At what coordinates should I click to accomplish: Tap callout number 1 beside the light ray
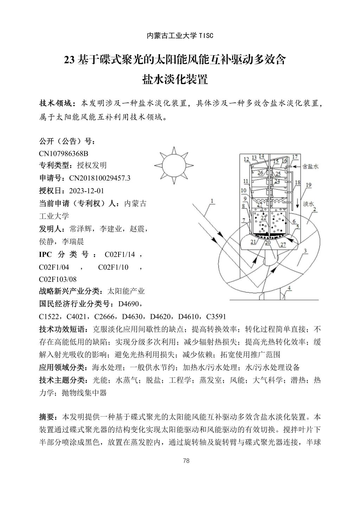[212, 201]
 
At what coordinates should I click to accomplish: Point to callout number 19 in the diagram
[308, 185]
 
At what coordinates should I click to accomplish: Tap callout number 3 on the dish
[306, 251]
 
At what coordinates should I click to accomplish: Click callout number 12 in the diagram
[246, 159]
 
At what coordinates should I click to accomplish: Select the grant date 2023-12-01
[86, 191]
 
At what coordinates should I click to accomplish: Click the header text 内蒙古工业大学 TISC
[180, 36]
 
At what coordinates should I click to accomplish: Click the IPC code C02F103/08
[58, 279]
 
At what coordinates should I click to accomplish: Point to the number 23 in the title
[69, 60]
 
